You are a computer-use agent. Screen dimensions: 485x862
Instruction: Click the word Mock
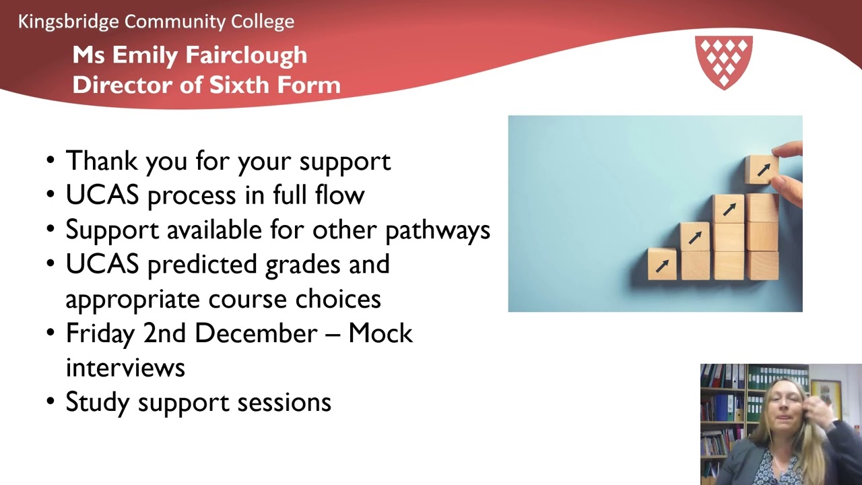(380, 333)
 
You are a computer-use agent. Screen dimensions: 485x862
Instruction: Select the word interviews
(125, 368)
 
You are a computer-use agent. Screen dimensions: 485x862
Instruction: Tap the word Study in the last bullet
(98, 402)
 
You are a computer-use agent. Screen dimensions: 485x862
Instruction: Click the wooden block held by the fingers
(762, 169)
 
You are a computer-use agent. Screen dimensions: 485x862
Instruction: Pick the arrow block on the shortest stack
(663, 264)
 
